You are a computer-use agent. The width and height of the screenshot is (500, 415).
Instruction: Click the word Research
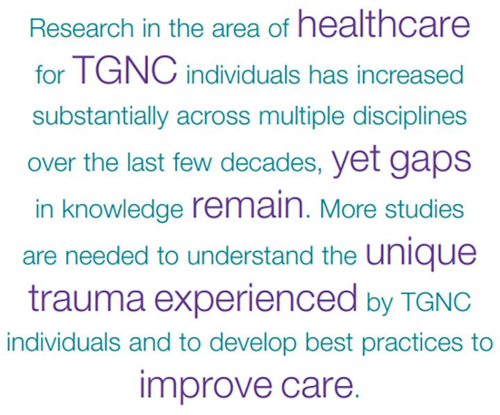pyautogui.click(x=81, y=28)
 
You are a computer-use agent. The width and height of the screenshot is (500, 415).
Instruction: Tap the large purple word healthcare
pyautogui.click(x=383, y=24)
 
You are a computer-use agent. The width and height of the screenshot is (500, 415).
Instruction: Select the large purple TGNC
pyautogui.click(x=125, y=70)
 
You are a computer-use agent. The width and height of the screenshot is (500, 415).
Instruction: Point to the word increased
pyautogui.click(x=410, y=74)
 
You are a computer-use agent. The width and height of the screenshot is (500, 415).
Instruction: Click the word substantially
pyautogui.click(x=101, y=117)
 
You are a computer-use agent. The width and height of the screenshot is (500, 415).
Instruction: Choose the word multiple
pyautogui.click(x=301, y=117)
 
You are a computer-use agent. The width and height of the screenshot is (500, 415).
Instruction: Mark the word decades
pyautogui.click(x=272, y=163)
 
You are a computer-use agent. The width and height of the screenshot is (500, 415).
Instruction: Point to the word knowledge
pyautogui.click(x=122, y=210)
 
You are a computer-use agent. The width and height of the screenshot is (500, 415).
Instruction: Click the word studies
pyautogui.click(x=424, y=209)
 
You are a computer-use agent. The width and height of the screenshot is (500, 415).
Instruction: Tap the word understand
pyautogui.click(x=250, y=256)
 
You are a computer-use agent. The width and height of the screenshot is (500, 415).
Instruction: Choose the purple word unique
pyautogui.click(x=421, y=253)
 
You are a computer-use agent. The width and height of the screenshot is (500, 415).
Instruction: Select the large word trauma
pyautogui.click(x=87, y=298)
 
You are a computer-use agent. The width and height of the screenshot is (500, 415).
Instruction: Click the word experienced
pyautogui.click(x=256, y=300)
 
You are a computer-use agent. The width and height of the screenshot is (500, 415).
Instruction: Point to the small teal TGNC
pyautogui.click(x=435, y=301)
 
